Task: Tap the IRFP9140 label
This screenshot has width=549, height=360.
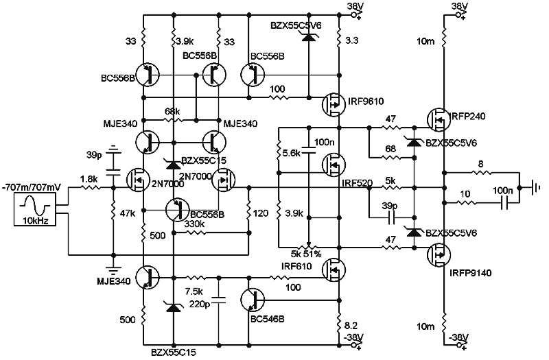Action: pyautogui.click(x=468, y=272)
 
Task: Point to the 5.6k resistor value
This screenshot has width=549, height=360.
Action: pyautogui.click(x=292, y=154)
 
